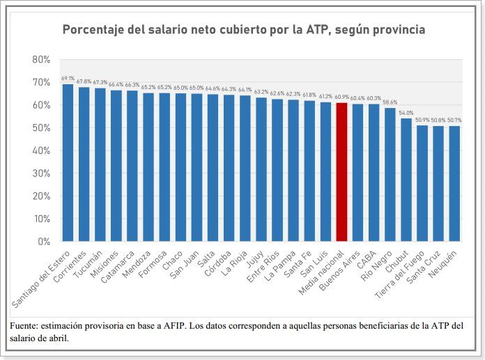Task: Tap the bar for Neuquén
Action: pyautogui.click(x=455, y=184)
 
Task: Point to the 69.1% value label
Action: pyautogui.click(x=68, y=79)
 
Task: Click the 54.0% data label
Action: pyautogui.click(x=406, y=113)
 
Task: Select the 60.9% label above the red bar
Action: pyautogui.click(x=341, y=97)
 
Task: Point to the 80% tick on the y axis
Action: pyautogui.click(x=41, y=60)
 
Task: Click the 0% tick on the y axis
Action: pyautogui.click(x=44, y=242)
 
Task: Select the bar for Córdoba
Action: pyautogui.click(x=229, y=168)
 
